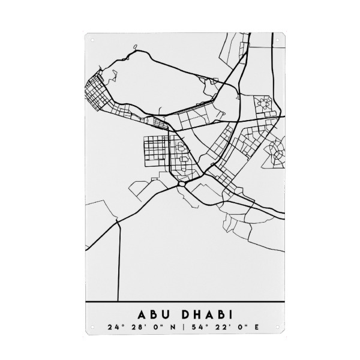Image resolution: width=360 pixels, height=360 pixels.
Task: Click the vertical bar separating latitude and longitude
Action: pos(183,328)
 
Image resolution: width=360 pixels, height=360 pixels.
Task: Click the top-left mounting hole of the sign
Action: pos(92,40)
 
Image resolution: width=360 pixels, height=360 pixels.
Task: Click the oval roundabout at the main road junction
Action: pos(181,184)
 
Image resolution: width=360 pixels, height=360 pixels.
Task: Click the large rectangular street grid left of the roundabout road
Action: pos(157,150)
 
